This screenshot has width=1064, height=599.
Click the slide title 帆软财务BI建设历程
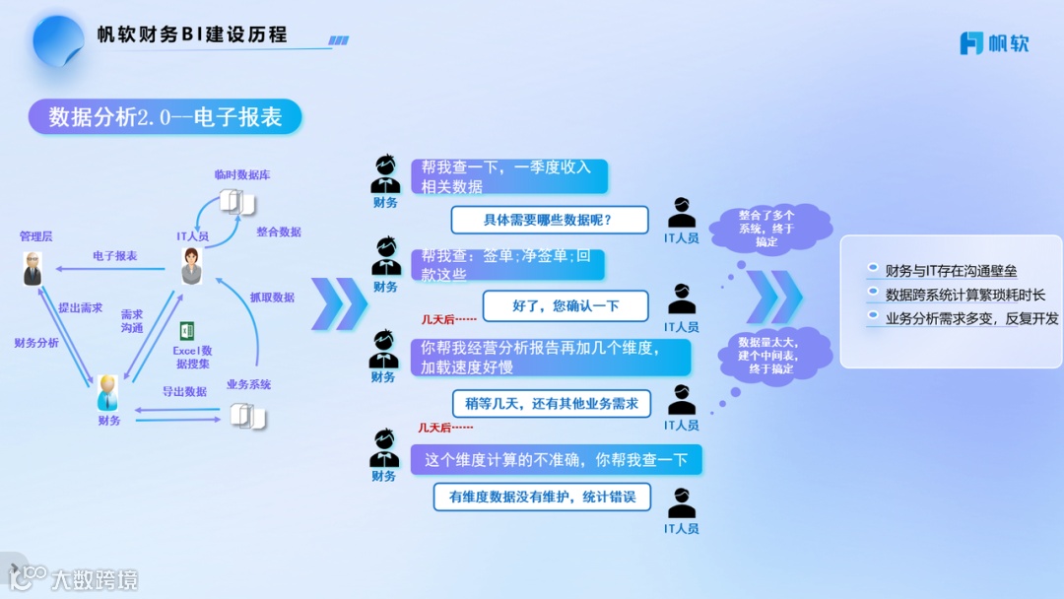(x=192, y=35)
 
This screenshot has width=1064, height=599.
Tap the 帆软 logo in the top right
(x=994, y=43)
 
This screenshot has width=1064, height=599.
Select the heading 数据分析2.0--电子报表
(x=166, y=117)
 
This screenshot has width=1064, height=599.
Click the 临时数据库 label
(x=242, y=174)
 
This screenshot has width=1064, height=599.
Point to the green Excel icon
(x=187, y=331)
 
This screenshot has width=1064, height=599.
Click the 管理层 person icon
(x=33, y=268)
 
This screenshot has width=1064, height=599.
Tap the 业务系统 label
(x=248, y=384)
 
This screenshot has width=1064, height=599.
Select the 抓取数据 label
(x=272, y=297)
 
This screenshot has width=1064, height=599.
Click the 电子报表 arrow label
(x=115, y=256)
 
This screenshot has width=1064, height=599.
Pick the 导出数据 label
(x=184, y=392)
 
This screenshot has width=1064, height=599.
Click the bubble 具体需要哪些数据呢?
(x=549, y=220)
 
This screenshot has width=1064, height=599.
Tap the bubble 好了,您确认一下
(x=565, y=305)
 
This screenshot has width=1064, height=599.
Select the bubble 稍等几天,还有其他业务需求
(x=552, y=403)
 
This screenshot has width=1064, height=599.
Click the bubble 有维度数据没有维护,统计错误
(x=542, y=497)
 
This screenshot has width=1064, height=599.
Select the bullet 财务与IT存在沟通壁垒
(x=951, y=271)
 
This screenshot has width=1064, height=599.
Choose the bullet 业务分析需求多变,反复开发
(x=971, y=318)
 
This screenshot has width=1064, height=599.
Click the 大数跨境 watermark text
(x=95, y=579)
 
